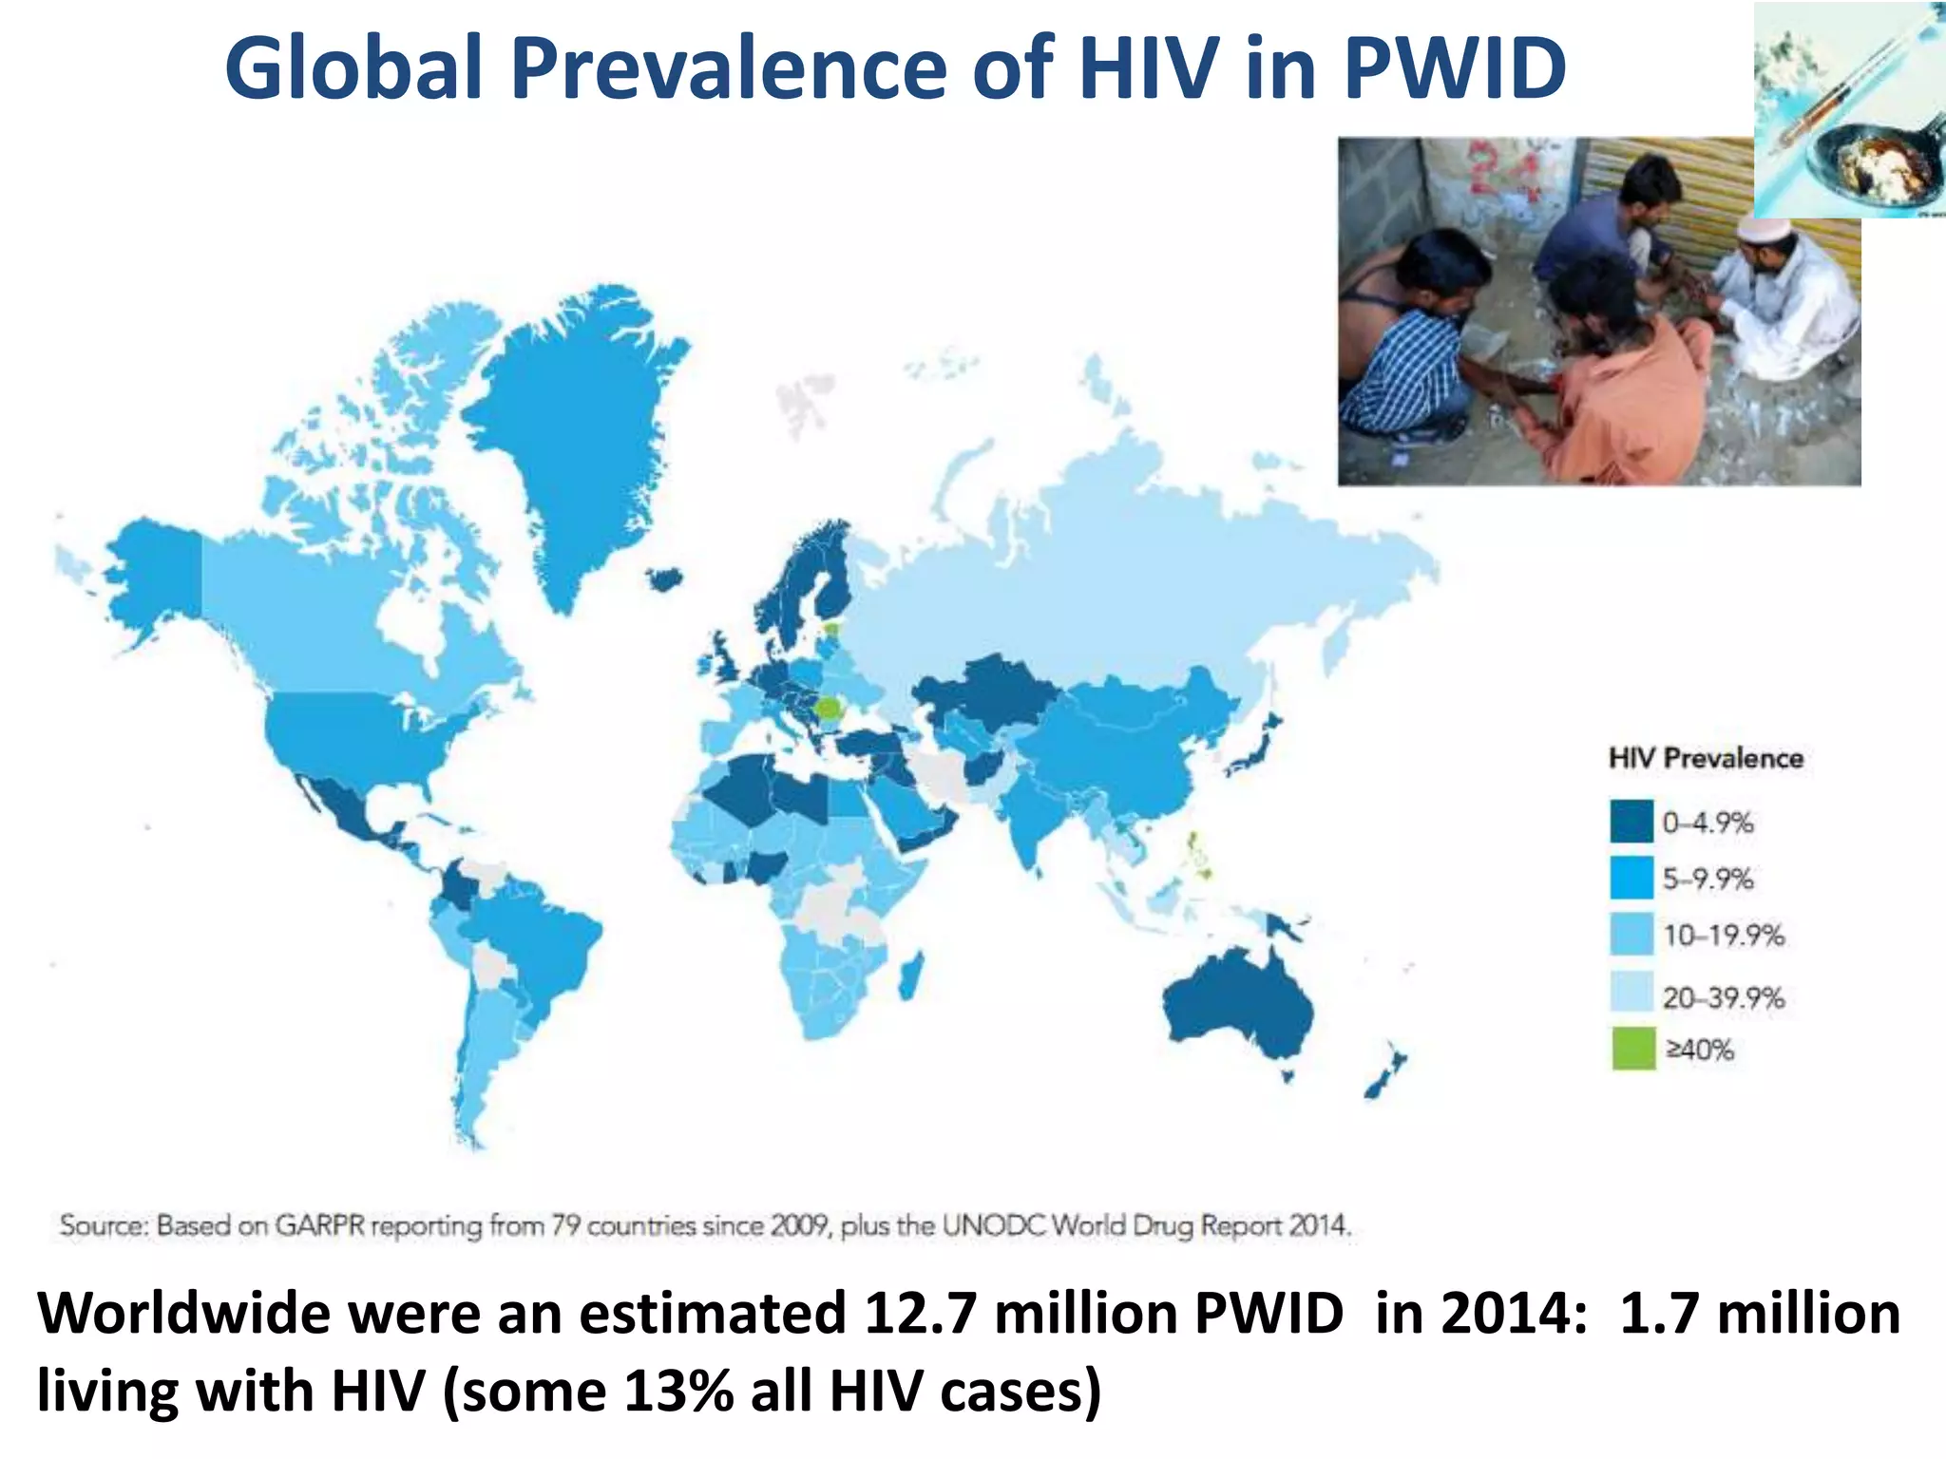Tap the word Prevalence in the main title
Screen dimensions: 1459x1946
[x=729, y=68]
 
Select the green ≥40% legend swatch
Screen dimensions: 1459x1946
[x=1632, y=1049]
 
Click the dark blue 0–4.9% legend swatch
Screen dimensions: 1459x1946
[x=1631, y=822]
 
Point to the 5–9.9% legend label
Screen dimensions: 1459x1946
[x=1708, y=879]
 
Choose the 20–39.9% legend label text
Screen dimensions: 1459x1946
[x=1723, y=997]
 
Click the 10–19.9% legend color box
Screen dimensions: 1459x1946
[x=1631, y=935]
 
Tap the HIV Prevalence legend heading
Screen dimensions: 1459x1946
[x=1706, y=758]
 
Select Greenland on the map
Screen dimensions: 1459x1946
[x=570, y=427]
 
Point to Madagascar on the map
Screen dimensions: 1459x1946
[x=909, y=978]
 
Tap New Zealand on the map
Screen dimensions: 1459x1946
[x=1383, y=1078]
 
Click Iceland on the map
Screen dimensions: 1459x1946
[x=664, y=579]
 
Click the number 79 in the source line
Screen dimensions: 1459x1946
[x=566, y=1225]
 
